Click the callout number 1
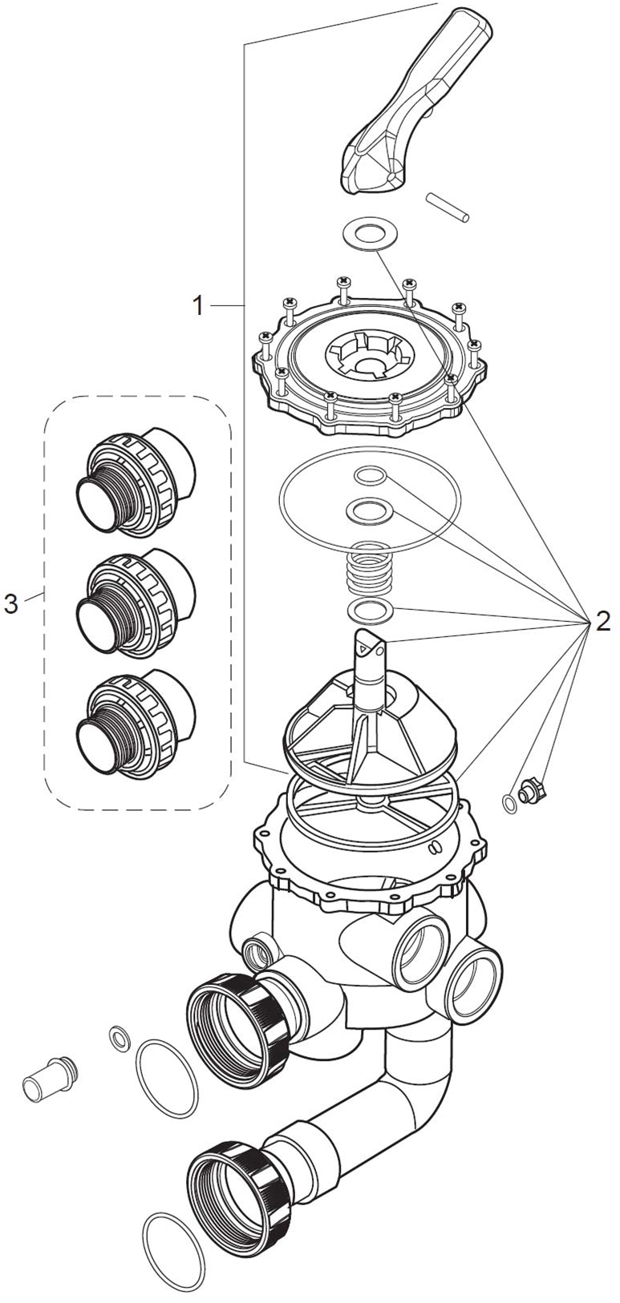coord(199,305)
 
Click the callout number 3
coord(11,603)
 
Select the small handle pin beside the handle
coord(448,207)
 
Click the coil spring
coord(371,568)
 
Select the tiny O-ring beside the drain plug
coord(509,804)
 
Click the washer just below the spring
coord(370,610)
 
